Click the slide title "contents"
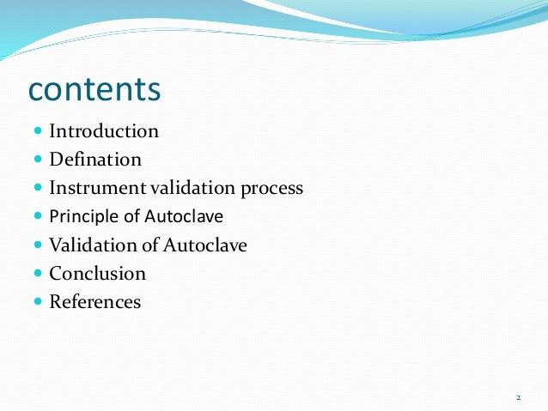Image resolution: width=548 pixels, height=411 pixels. (x=94, y=89)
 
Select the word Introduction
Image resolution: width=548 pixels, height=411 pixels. (x=104, y=131)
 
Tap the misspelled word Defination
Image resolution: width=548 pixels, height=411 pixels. (x=95, y=160)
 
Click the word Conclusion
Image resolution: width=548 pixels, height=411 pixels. (x=97, y=274)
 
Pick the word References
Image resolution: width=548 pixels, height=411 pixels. (x=94, y=302)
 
